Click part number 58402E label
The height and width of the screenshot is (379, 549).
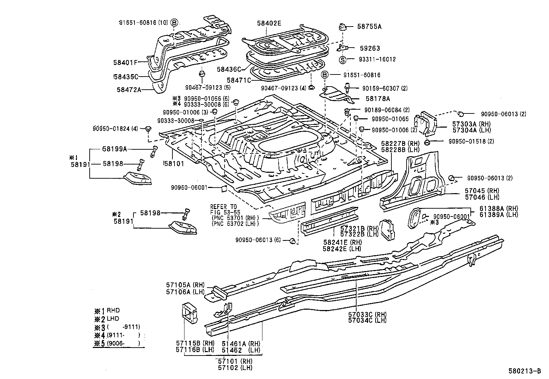pyautogui.click(x=269, y=23)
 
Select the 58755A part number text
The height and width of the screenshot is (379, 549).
pyautogui.click(x=369, y=26)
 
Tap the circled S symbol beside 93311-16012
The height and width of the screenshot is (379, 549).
pyautogui.click(x=342, y=60)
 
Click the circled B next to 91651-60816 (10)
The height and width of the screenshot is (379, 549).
pyautogui.click(x=174, y=23)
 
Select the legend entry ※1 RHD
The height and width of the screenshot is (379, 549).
pyautogui.click(x=107, y=310)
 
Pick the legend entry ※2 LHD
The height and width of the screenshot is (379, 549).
pyautogui.click(x=107, y=319)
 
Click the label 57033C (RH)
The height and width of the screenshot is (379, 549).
pyautogui.click(x=367, y=314)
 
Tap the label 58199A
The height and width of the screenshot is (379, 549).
pyautogui.click(x=114, y=149)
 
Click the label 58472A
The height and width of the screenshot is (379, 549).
pyautogui.click(x=129, y=90)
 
